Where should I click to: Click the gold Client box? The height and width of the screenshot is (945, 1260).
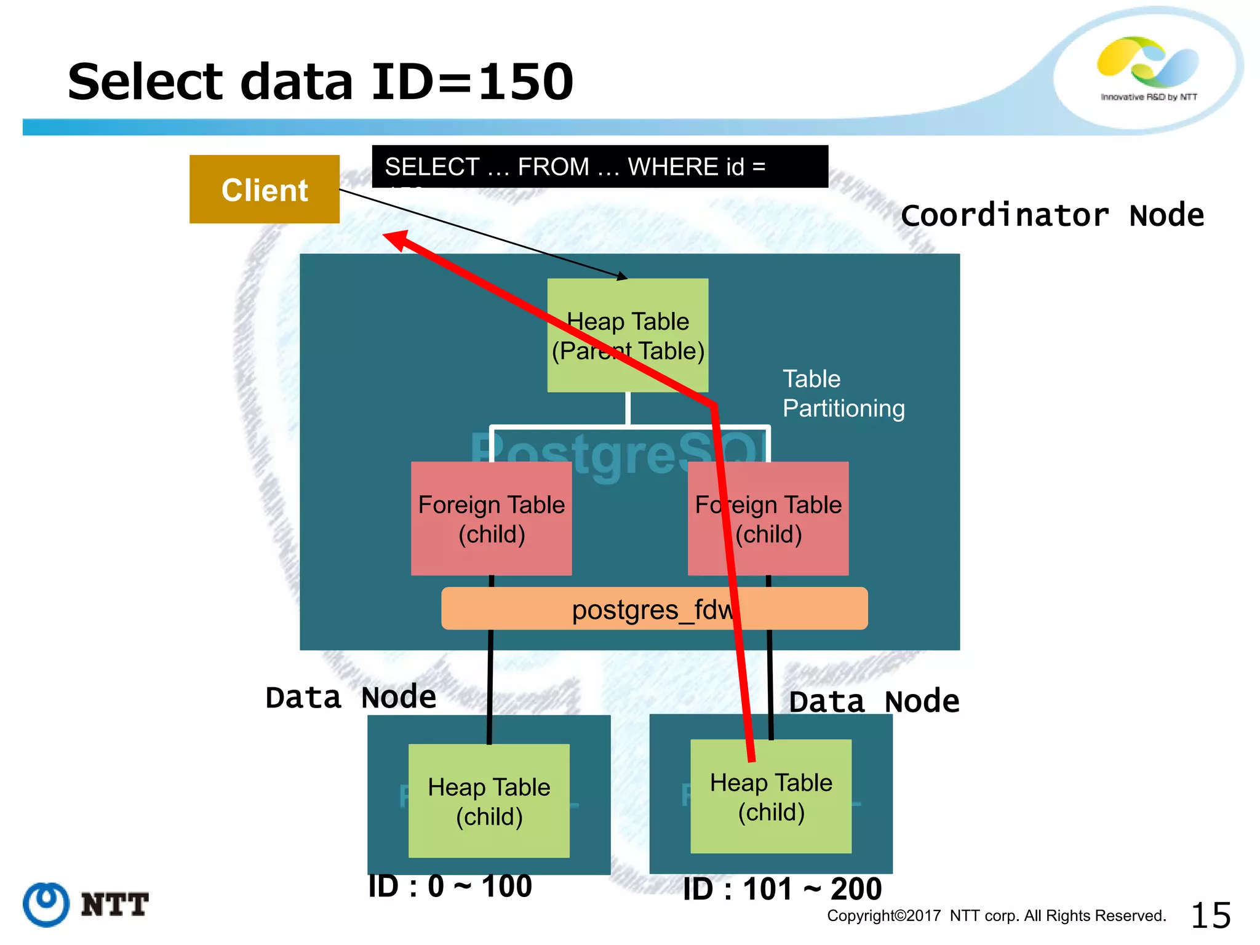264,189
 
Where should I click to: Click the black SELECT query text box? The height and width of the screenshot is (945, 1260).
599,166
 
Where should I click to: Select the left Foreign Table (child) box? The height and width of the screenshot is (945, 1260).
491,519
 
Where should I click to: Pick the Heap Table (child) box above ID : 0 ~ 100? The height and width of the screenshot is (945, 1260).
488,800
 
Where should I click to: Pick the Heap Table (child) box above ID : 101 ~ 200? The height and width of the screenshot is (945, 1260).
771,796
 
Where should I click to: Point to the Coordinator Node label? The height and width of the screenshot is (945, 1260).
1051,215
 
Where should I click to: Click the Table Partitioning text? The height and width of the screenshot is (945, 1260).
842,394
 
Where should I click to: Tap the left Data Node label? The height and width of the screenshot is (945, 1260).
351,698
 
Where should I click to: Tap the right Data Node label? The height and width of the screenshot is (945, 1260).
874,701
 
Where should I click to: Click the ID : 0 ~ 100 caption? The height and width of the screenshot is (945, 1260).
450,887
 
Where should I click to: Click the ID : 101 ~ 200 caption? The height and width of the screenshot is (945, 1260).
782,889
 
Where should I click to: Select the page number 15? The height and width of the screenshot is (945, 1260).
1210,915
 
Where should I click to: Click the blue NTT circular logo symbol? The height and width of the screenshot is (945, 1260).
46,904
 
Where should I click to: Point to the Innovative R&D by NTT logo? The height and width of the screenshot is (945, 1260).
1148,68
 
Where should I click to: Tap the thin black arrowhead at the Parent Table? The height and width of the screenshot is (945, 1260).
623,277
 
